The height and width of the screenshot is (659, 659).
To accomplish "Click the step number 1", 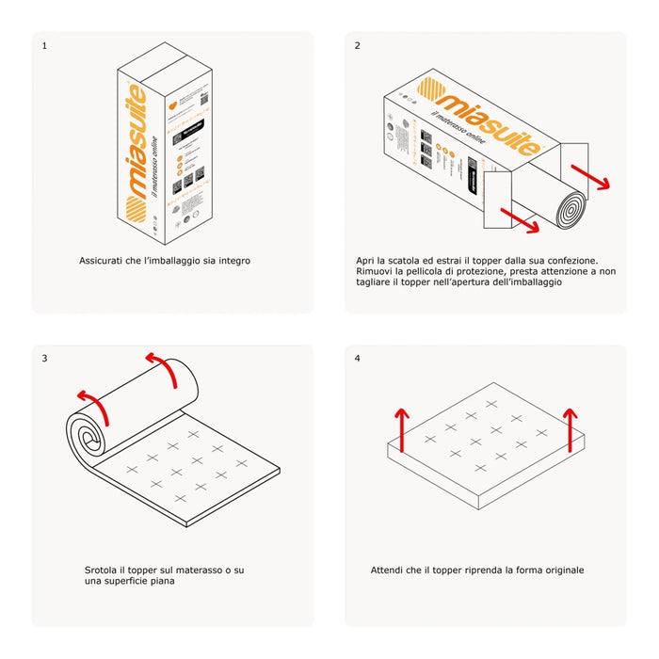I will tap(44, 45).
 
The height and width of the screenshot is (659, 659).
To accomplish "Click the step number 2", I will tap(358, 45).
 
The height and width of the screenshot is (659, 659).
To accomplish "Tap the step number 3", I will tap(44, 358).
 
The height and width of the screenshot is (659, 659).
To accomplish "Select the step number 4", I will tap(358, 358).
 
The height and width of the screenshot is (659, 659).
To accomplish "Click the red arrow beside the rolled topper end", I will tap(591, 177).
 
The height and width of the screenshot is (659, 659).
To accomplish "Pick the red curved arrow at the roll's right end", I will tap(164, 369).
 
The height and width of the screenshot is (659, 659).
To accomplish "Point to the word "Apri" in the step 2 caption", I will tap(367, 260).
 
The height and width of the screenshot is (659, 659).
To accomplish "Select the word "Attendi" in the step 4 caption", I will tap(389, 571).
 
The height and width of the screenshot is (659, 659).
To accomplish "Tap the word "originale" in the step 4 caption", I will tap(562, 571).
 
